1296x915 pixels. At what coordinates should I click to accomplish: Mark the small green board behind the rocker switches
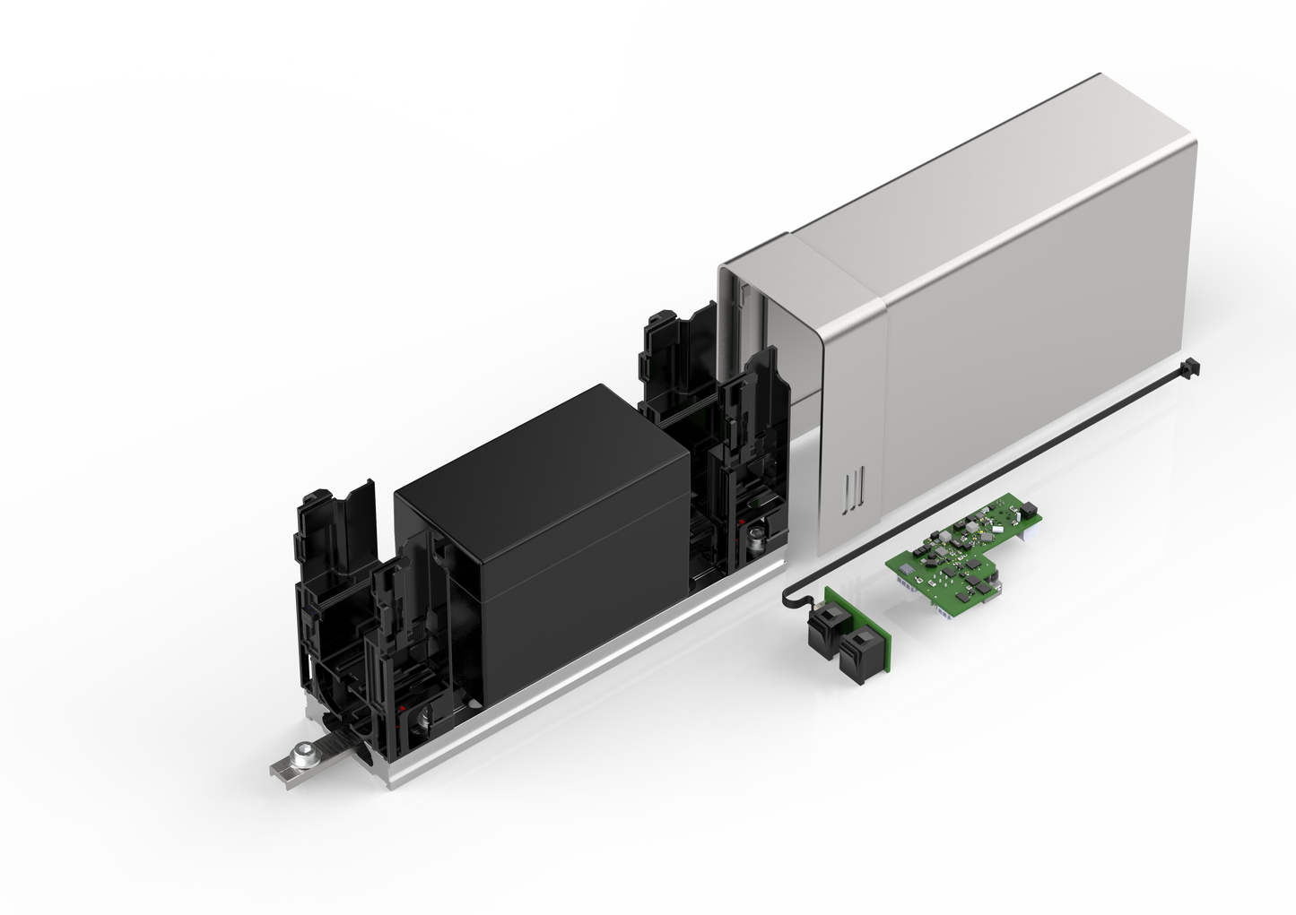coord(857,618)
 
